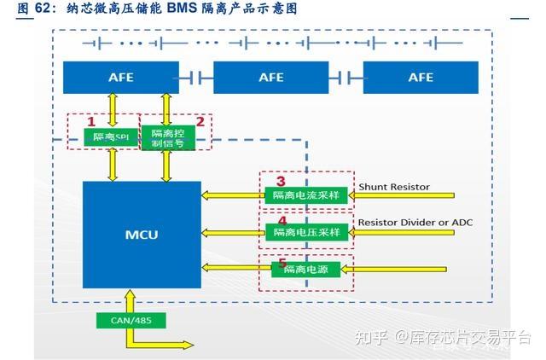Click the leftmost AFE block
click(120, 78)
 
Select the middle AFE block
click(270, 78)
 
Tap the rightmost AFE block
click(421, 78)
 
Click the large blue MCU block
click(142, 234)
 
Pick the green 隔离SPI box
click(112, 136)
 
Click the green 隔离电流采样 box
click(305, 195)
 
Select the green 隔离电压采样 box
click(305, 231)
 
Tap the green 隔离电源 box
click(305, 269)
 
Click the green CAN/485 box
click(131, 321)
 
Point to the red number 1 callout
click(92, 122)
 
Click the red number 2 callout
click(200, 121)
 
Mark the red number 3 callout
click(282, 181)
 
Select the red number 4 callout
click(282, 218)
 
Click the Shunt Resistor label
click(393, 186)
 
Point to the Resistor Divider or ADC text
click(415, 222)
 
